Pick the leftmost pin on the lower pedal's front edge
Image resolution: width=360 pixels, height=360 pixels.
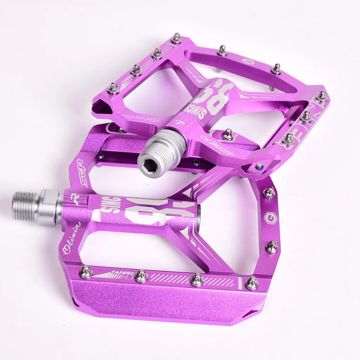pos(86,271)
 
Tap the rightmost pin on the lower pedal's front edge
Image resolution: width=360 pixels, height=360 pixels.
pos(252,282)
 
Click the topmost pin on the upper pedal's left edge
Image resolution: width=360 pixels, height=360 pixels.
pos(176,38)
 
